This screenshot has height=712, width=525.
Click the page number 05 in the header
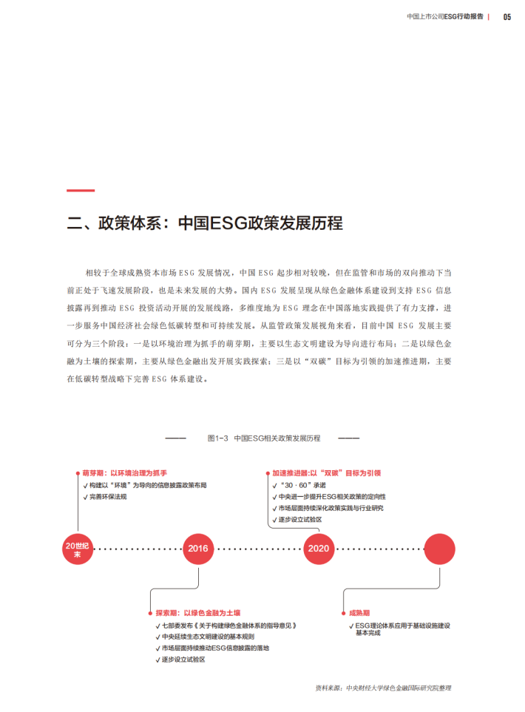[x=507, y=17]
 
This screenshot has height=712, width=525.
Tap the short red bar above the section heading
[x=81, y=191]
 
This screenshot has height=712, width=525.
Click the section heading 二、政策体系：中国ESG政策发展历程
[x=205, y=223]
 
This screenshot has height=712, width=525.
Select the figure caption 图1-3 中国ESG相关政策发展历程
[x=264, y=438]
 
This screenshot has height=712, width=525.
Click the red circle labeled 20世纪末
[x=77, y=549]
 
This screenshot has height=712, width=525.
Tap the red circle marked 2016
[x=198, y=549]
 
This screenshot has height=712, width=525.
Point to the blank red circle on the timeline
[x=438, y=549]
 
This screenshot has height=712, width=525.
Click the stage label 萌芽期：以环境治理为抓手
[x=124, y=472]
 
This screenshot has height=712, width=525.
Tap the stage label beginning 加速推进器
[x=331, y=472]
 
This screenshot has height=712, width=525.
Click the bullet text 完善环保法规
[x=108, y=497]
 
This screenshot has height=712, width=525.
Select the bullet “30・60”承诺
[x=303, y=485]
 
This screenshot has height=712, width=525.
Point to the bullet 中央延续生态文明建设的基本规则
[x=208, y=637]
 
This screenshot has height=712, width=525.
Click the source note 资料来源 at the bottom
[x=382, y=688]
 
